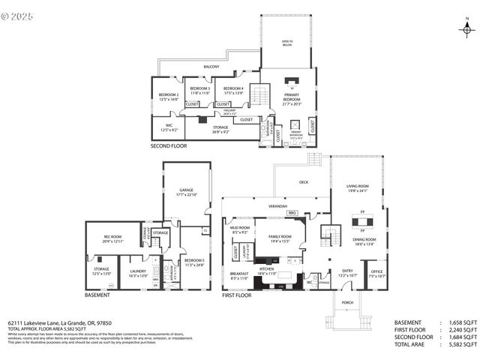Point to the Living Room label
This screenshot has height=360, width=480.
357,188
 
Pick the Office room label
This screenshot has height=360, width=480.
376,273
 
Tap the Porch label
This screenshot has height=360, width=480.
346,302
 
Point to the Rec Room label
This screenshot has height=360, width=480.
113,238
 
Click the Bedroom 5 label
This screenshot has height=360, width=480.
194,262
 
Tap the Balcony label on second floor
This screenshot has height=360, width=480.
211,67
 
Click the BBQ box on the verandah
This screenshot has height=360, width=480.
292,213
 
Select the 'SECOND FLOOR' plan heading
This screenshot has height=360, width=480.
169,145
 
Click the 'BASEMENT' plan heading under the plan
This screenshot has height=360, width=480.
97,295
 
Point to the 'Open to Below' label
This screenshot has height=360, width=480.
287,43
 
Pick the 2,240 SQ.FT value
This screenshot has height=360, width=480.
462,330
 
